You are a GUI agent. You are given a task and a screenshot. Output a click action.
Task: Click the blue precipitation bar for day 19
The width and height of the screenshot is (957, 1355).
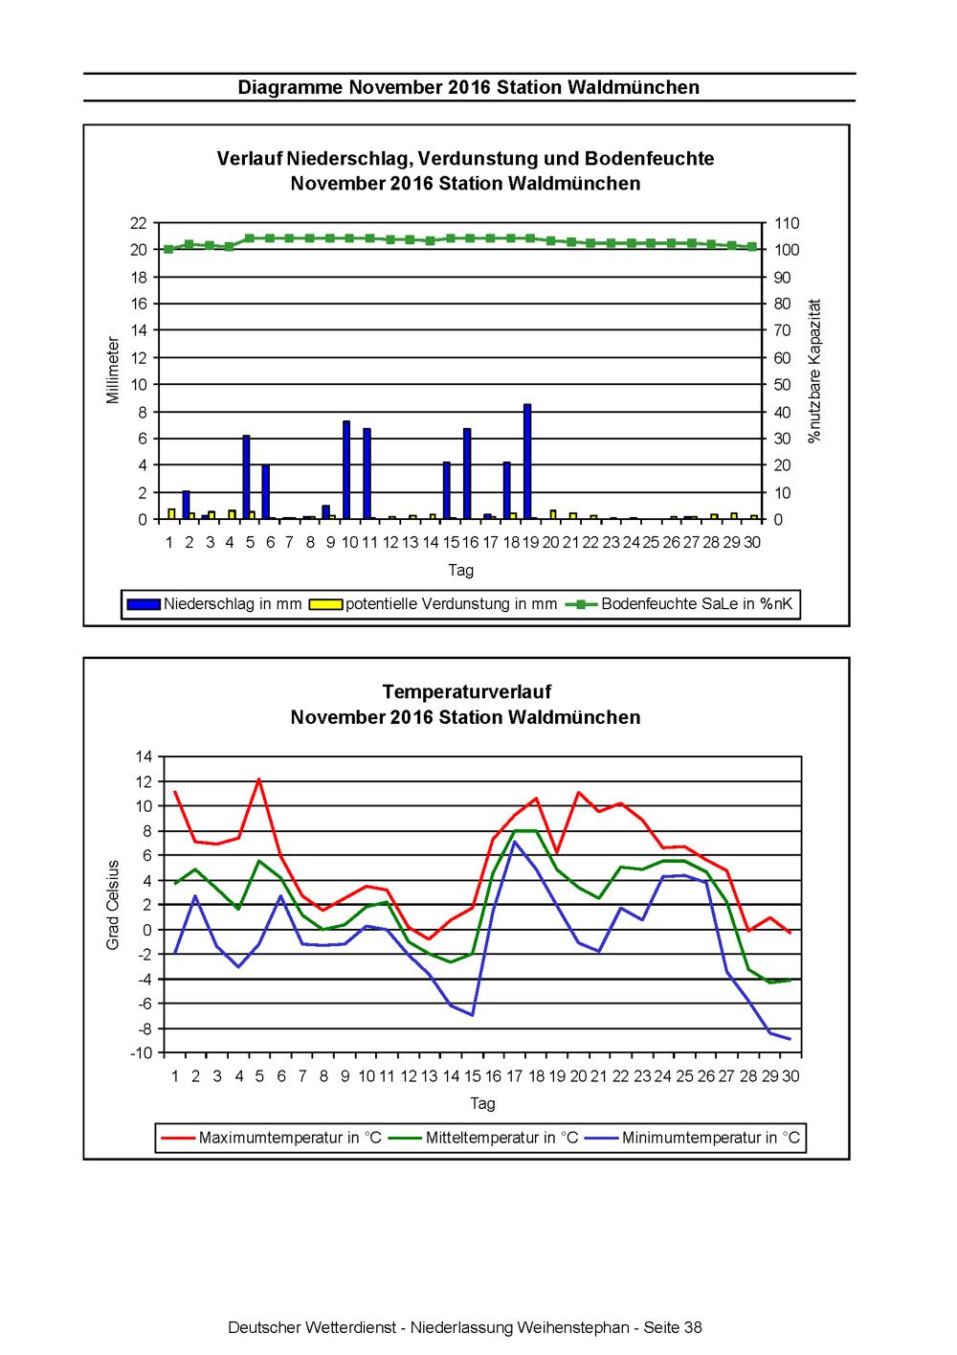[x=527, y=461]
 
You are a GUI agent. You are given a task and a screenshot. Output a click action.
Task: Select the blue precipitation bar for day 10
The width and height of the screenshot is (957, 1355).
[x=346, y=469]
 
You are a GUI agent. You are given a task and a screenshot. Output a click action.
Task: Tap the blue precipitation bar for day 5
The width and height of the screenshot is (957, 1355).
[x=246, y=477]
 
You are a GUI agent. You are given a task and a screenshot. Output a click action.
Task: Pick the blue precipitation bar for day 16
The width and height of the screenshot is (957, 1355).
[x=467, y=473]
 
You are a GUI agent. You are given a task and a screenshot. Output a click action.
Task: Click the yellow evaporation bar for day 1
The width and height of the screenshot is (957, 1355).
[x=171, y=513]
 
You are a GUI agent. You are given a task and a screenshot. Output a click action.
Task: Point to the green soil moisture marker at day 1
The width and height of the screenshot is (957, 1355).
[x=168, y=249]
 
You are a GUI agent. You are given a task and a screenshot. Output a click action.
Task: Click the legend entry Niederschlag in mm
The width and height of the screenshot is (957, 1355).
[x=214, y=603]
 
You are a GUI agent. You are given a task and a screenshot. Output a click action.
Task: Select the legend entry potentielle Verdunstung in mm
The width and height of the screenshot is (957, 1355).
[x=433, y=603]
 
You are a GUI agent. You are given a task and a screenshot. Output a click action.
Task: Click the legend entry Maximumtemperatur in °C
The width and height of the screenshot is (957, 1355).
[x=272, y=1138]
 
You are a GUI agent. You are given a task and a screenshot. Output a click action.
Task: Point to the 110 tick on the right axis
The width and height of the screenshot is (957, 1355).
[x=787, y=223]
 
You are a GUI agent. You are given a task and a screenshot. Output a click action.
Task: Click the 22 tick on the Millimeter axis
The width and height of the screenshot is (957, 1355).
[x=139, y=223]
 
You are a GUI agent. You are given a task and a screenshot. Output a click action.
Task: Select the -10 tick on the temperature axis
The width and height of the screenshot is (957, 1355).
[x=142, y=1052]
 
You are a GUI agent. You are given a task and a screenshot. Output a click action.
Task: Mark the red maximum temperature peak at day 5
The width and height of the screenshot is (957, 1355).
[x=259, y=779]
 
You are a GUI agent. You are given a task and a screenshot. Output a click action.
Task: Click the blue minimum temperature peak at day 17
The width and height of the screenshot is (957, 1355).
[x=515, y=842]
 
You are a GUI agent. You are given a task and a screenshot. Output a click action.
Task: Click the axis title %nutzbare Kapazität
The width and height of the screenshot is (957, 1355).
[x=814, y=371]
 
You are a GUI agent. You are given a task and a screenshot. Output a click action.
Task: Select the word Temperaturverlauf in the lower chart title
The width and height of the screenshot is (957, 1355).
[x=467, y=691]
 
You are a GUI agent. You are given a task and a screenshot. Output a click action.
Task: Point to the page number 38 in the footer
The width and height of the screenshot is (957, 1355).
[x=693, y=1327]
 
